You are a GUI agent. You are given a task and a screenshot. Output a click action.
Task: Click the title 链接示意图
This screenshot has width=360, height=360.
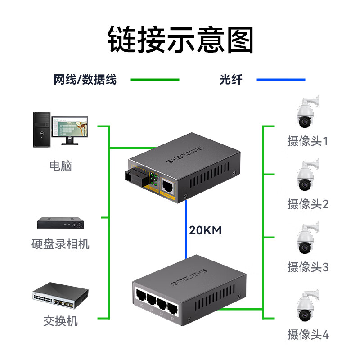[x=180, y=39]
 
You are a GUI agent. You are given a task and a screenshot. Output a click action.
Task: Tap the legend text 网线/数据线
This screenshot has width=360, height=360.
[x=85, y=80]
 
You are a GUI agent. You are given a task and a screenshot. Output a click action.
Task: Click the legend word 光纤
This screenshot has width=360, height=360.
[x=231, y=80]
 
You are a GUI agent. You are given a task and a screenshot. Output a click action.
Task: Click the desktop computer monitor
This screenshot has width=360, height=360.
[x=70, y=129]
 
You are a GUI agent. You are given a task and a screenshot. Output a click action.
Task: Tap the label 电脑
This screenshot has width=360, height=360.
[x=61, y=166]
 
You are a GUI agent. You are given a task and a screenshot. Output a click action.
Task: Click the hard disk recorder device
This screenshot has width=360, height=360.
[x=61, y=223]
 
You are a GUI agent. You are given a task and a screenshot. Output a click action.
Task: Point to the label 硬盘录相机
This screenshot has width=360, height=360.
[x=61, y=244]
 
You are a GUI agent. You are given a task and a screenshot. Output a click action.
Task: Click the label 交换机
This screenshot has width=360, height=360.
[x=61, y=321]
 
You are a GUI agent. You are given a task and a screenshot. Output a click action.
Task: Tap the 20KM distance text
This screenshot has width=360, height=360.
[x=205, y=231]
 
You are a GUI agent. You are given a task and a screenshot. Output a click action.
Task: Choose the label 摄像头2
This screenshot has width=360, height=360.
[x=308, y=204]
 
